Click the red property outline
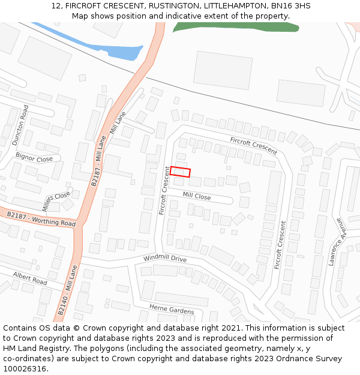coord(180,172)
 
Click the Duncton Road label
coord(20,125)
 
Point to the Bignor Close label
coord(34,158)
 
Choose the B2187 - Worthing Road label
coord(41,219)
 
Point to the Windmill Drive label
coord(165,259)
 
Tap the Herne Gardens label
coord(172,310)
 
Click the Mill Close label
coord(197,196)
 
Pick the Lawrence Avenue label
coord(337,241)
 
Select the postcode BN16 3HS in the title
coord(291,6)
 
